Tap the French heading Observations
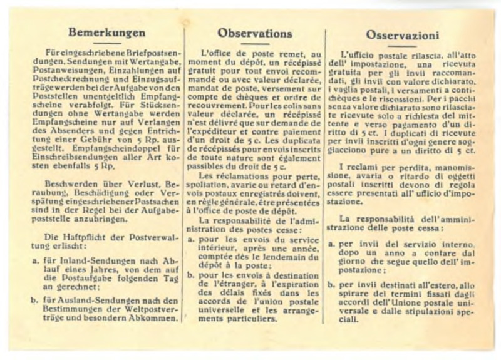tap(254, 32)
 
